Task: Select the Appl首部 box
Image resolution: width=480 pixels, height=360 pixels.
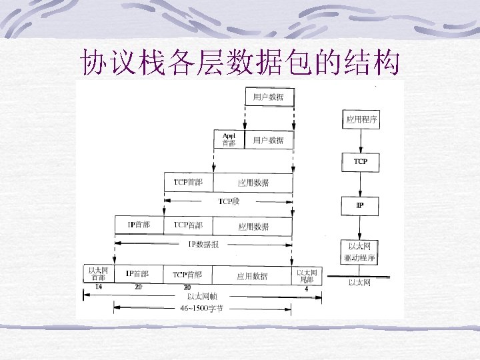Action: pos(229,139)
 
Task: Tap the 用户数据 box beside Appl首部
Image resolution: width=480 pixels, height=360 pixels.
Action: pos(269,140)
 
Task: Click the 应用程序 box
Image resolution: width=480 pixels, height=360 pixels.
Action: pos(361,120)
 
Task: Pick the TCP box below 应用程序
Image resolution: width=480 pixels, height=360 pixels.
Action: pos(360,161)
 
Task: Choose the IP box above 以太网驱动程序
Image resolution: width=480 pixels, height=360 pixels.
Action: pos(360,205)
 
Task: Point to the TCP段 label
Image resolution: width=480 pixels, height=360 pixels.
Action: pos(229,201)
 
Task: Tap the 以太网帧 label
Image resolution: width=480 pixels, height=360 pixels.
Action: pos(201,296)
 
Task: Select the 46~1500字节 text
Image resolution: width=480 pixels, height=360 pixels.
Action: pos(202,308)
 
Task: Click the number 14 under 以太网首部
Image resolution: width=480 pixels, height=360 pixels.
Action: pos(98,287)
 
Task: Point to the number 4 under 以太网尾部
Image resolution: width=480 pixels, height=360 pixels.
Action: pos(306,289)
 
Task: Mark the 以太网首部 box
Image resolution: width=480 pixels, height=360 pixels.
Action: pos(98,274)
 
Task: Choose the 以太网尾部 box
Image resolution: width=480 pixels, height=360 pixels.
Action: pos(307,275)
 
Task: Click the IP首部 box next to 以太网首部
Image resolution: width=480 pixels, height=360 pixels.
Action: pos(137,274)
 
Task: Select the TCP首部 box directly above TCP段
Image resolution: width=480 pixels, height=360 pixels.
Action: pos(189,182)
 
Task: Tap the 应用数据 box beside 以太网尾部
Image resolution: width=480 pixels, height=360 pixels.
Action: pos(252,275)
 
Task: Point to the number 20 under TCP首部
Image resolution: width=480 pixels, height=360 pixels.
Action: pos(187,287)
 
